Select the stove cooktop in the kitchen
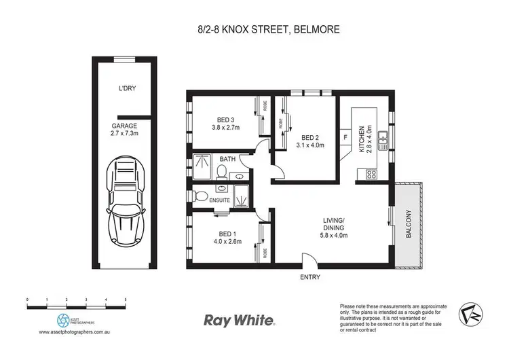[x=372, y=175]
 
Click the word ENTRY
[x=309, y=278]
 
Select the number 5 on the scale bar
[x=126, y=299]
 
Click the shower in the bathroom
[x=202, y=164]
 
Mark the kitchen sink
[x=383, y=141]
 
